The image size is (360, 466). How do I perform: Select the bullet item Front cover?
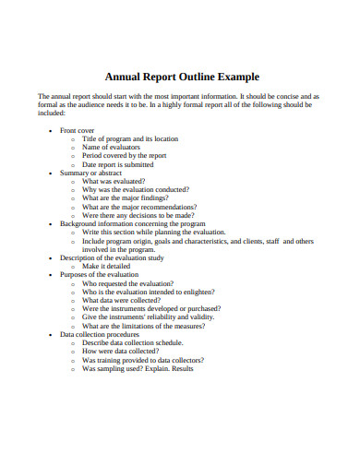tap(78, 131)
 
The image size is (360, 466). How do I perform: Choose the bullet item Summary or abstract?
tap(91, 173)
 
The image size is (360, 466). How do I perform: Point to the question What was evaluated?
tap(113, 182)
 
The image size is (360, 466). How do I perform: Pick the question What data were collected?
tap(124, 300)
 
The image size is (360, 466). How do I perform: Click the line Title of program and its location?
tap(130, 139)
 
